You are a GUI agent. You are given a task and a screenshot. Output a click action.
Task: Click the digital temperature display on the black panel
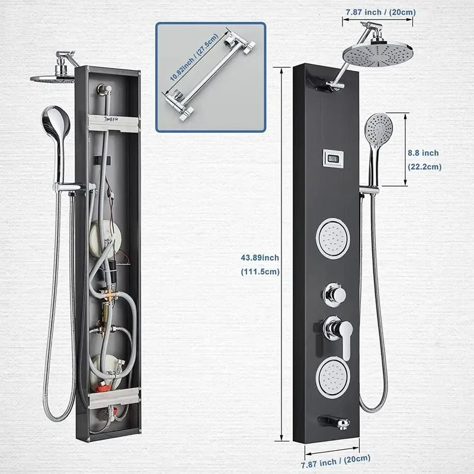point(333,158)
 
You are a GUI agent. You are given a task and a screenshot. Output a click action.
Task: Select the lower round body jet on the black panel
point(333,377)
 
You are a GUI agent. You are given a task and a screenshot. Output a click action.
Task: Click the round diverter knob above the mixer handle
point(334,294)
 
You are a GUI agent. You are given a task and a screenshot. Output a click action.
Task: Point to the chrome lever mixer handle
point(338,335)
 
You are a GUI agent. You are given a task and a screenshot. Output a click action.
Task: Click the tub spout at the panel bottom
point(334,422)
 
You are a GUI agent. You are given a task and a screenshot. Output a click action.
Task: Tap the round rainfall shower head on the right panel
point(378,56)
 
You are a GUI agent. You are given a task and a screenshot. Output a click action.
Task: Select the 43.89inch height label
point(260,258)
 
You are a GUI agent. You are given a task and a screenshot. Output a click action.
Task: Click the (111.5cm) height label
point(260,271)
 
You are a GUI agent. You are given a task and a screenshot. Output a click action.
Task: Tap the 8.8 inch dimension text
point(423,153)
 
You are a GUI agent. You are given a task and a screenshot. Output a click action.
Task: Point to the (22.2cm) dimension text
point(425,167)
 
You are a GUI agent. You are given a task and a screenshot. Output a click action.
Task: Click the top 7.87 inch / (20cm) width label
point(381,12)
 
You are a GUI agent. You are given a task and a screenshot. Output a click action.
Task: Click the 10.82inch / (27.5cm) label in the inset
point(194,57)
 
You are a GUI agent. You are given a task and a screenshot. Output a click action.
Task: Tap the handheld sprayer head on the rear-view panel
point(56,120)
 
